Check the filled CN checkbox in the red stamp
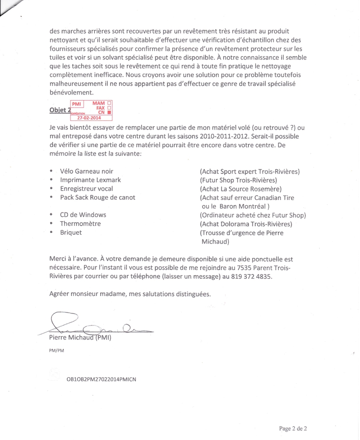click(x=109, y=113)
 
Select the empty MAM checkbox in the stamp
click(x=109, y=104)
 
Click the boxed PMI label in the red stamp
click(x=76, y=104)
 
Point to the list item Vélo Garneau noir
click(x=86, y=171)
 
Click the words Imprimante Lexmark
click(x=90, y=180)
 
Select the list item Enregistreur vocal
click(x=86, y=188)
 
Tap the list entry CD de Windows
click(x=83, y=215)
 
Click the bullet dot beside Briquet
click(x=51, y=232)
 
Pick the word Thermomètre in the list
click(x=80, y=224)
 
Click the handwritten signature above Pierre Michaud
click(x=96, y=325)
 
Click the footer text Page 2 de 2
click(x=293, y=428)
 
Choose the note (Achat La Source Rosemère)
click(x=241, y=189)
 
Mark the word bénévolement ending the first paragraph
click(x=69, y=92)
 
